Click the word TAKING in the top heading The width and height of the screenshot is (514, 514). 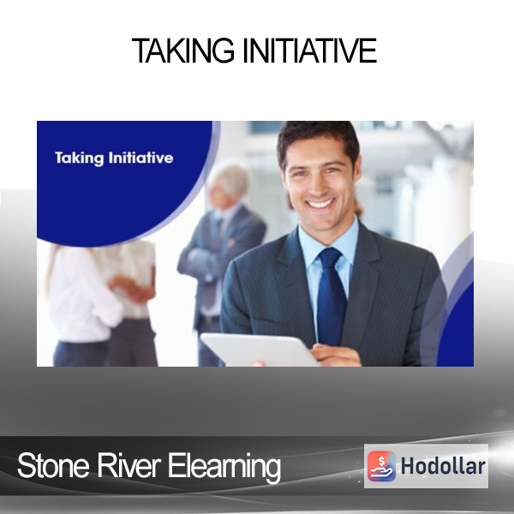pos(183,51)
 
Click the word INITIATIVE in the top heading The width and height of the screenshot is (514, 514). pos(310,51)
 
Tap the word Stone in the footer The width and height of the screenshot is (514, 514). pos(53,465)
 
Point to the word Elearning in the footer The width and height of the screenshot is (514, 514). pos(224,467)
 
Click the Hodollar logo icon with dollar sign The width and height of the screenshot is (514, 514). pos(381,466)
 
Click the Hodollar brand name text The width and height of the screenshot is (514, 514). pos(443,466)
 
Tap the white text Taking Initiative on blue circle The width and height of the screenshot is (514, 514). pos(114,158)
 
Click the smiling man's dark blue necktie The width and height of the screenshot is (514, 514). pos(331,295)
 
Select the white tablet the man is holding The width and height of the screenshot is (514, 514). pos(259,350)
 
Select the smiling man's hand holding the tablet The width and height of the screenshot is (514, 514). pos(336,355)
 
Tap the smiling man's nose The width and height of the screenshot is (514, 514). pos(316,184)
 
